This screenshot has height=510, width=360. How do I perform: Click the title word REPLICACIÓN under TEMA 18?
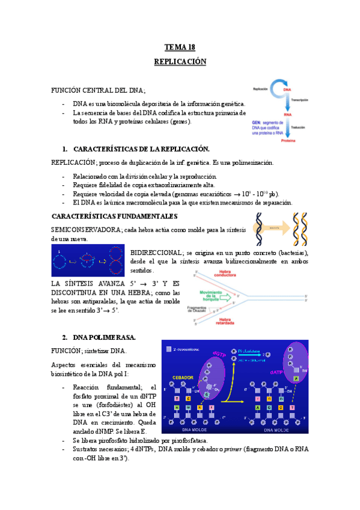coord(180,62)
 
